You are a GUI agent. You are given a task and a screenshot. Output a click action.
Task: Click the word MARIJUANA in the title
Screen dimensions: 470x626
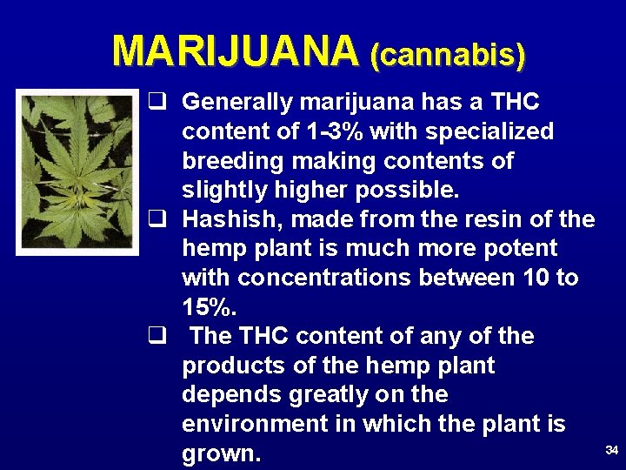[235, 51]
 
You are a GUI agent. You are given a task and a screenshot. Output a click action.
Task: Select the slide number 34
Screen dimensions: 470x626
[611, 450]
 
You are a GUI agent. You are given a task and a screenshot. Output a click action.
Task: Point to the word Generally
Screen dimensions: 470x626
[238, 103]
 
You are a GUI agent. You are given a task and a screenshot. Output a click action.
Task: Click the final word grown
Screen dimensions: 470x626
[221, 454]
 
